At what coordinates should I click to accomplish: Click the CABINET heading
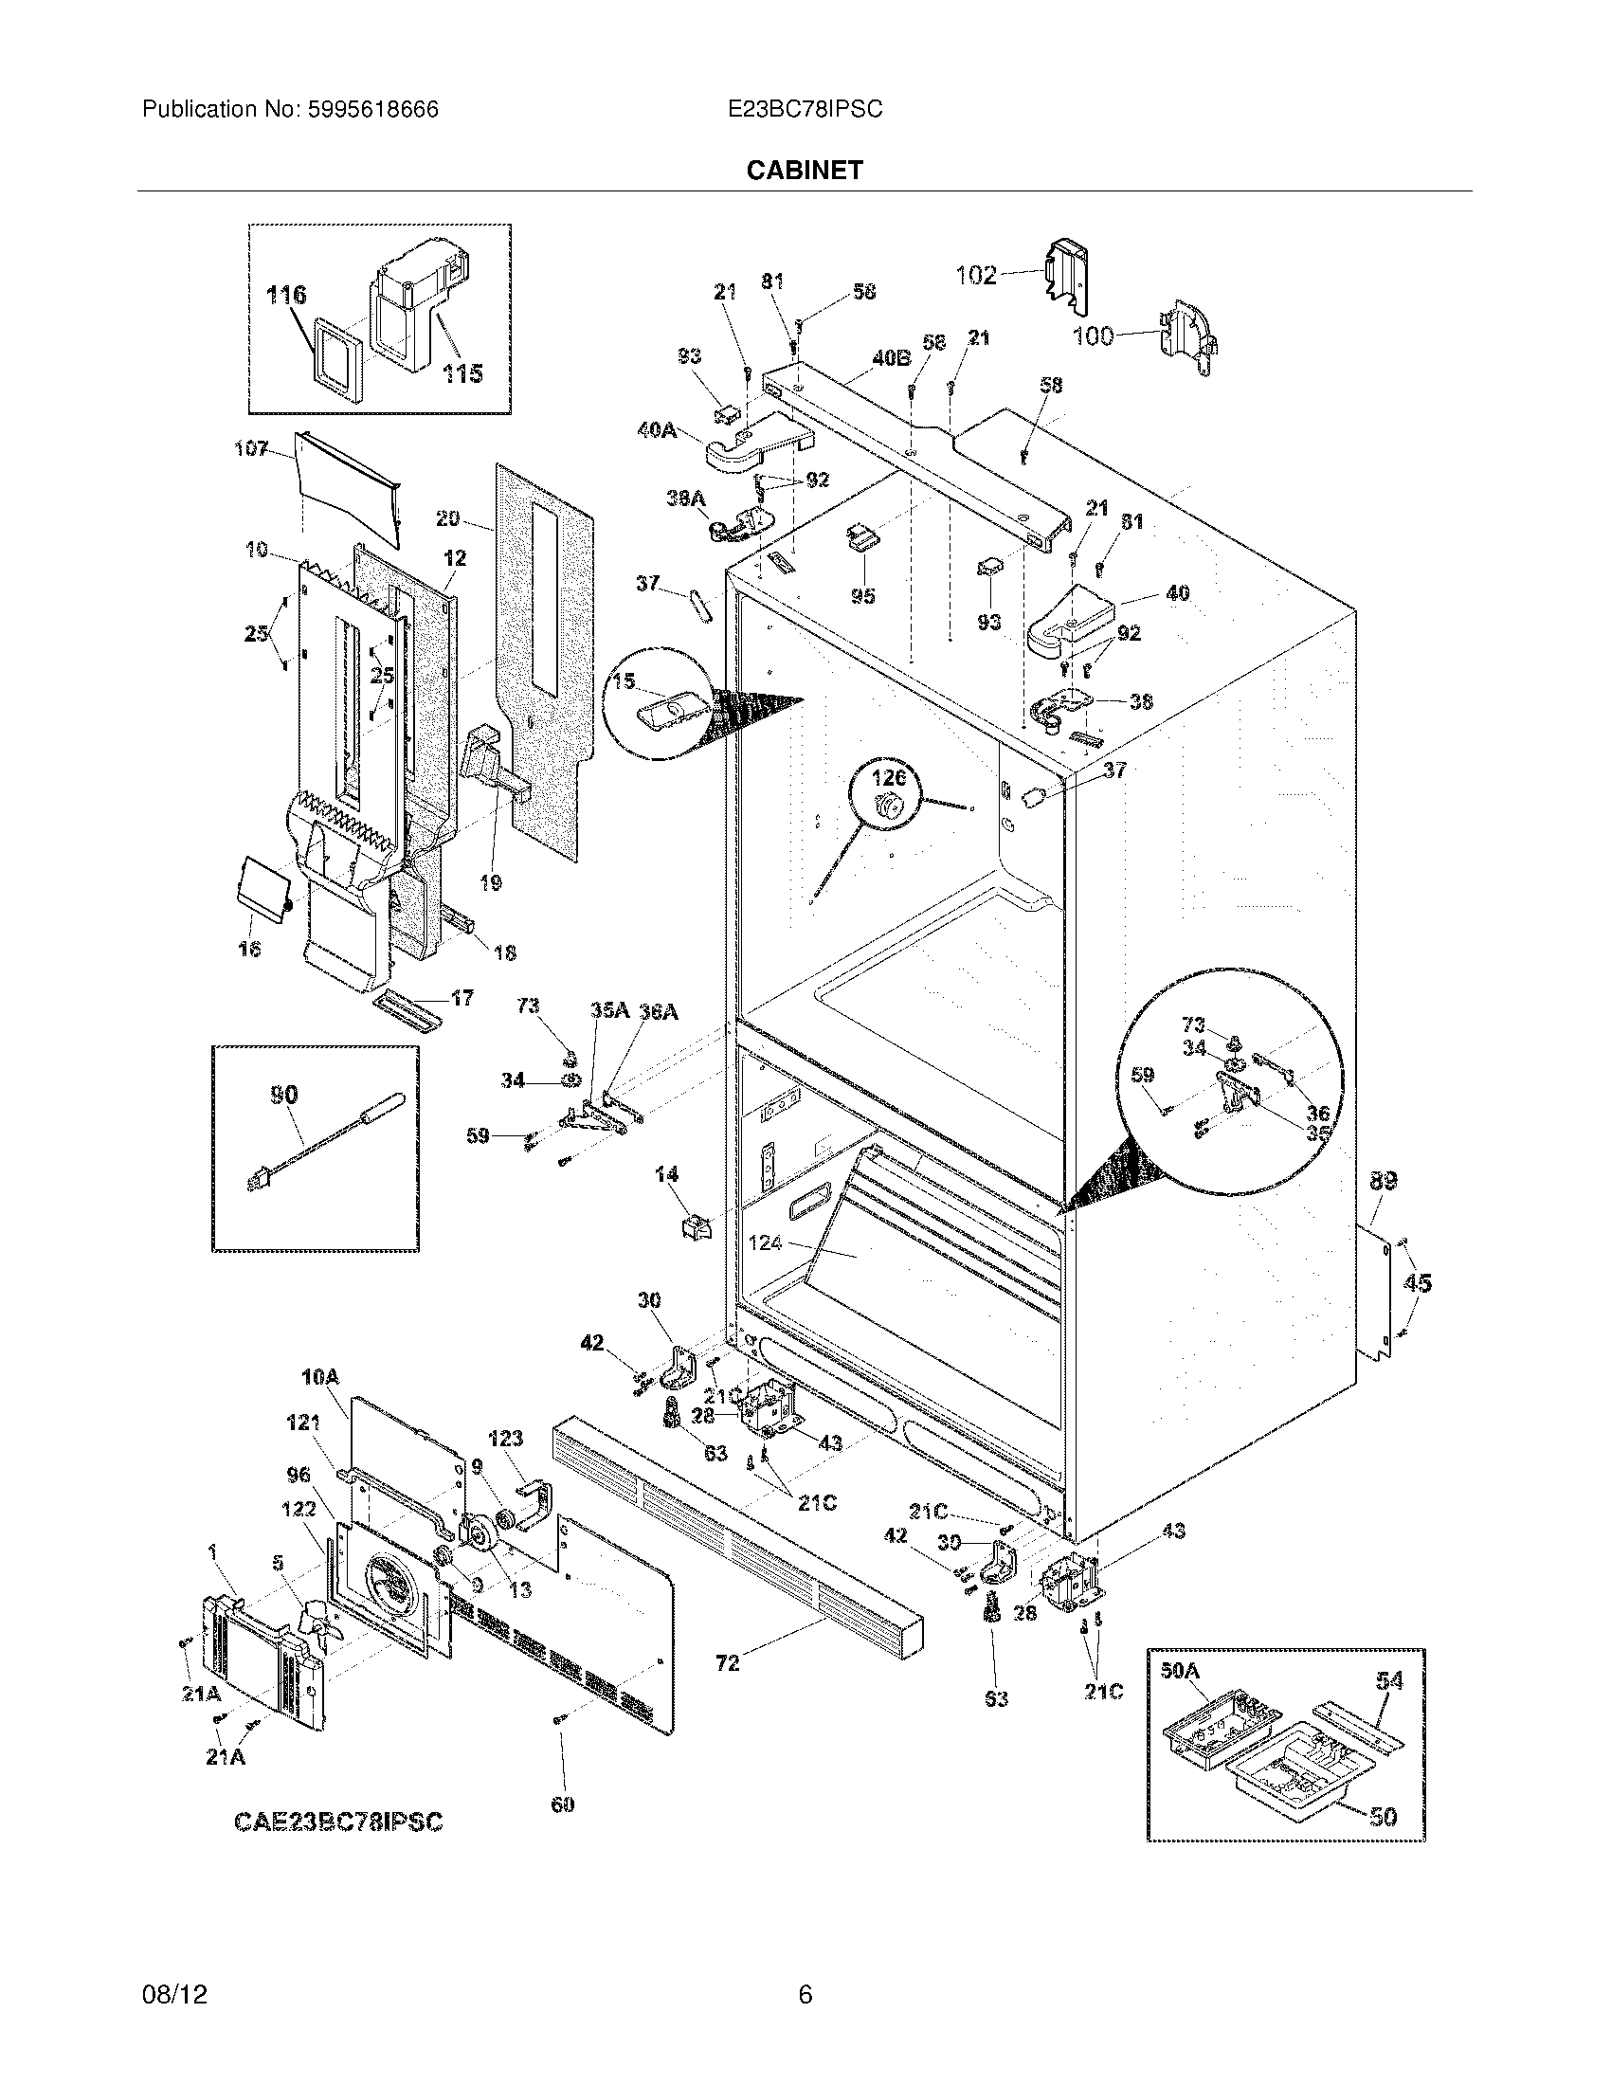tap(805, 170)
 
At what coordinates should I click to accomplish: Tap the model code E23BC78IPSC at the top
tap(805, 110)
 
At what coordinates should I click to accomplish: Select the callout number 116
tap(286, 295)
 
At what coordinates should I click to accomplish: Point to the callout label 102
tap(976, 275)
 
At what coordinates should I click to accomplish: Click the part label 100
tap(1094, 336)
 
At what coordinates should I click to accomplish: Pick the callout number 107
tap(251, 447)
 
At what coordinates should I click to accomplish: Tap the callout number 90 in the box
tap(284, 1095)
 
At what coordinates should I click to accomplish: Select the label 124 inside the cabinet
tap(766, 1243)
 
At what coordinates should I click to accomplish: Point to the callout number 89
tap(1383, 1181)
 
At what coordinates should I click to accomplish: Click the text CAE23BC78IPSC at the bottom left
tap(339, 1822)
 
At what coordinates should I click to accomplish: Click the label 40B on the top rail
tap(891, 359)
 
